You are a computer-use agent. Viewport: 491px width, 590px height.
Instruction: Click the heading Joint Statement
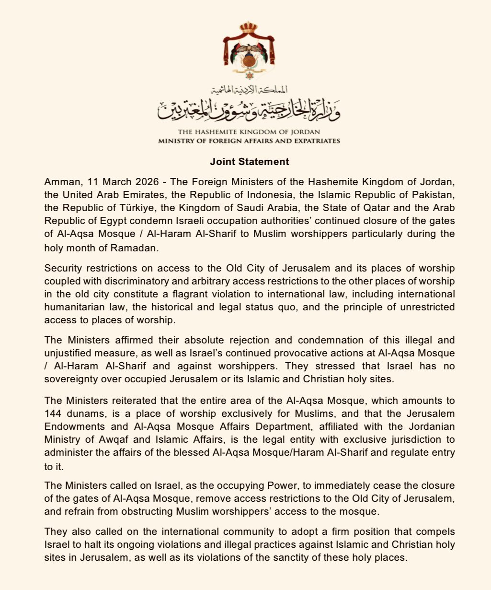(x=249, y=162)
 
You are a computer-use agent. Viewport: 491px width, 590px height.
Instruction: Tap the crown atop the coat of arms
(x=249, y=27)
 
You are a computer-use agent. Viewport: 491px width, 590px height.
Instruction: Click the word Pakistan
(x=434, y=195)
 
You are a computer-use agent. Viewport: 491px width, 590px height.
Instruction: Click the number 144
(x=53, y=413)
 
